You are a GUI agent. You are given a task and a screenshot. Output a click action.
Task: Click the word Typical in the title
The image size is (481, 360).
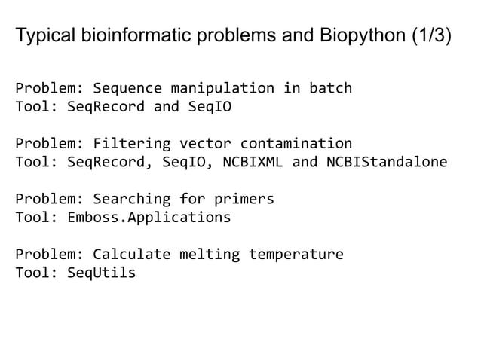point(41,35)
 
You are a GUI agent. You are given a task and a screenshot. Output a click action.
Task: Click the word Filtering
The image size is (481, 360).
point(127,143)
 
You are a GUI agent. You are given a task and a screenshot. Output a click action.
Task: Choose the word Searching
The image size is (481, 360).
point(127,200)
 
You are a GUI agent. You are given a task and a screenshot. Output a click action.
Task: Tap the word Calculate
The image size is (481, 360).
point(127,254)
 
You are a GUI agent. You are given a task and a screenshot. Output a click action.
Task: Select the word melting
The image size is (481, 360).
point(205,254)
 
